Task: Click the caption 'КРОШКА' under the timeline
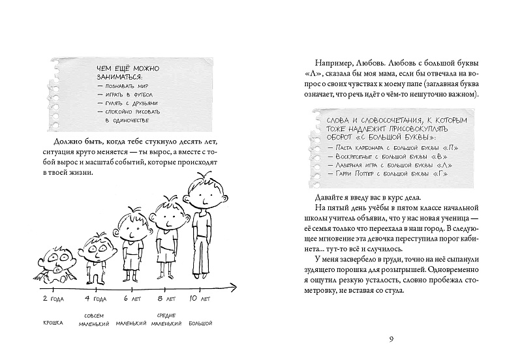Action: [x=57, y=323]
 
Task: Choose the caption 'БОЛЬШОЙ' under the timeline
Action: [x=200, y=323]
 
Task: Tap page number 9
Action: [x=390, y=338]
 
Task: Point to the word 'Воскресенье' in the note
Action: [x=352, y=156]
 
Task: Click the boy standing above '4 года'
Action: [x=96, y=258]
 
